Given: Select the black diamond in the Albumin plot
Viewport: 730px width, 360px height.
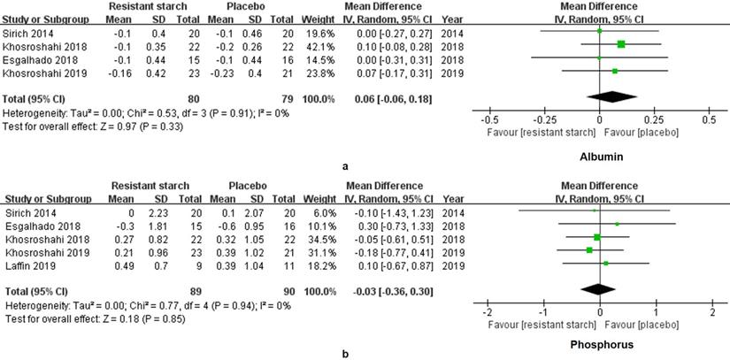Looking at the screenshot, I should tap(599, 96).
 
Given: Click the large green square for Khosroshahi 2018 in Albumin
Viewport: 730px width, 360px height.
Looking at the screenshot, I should tap(621, 44).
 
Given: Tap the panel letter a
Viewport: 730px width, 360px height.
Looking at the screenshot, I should tap(367, 164).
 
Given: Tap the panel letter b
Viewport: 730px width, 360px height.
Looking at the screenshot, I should tap(367, 353).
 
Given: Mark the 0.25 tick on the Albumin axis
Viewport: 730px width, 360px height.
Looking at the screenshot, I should tap(653, 118).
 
